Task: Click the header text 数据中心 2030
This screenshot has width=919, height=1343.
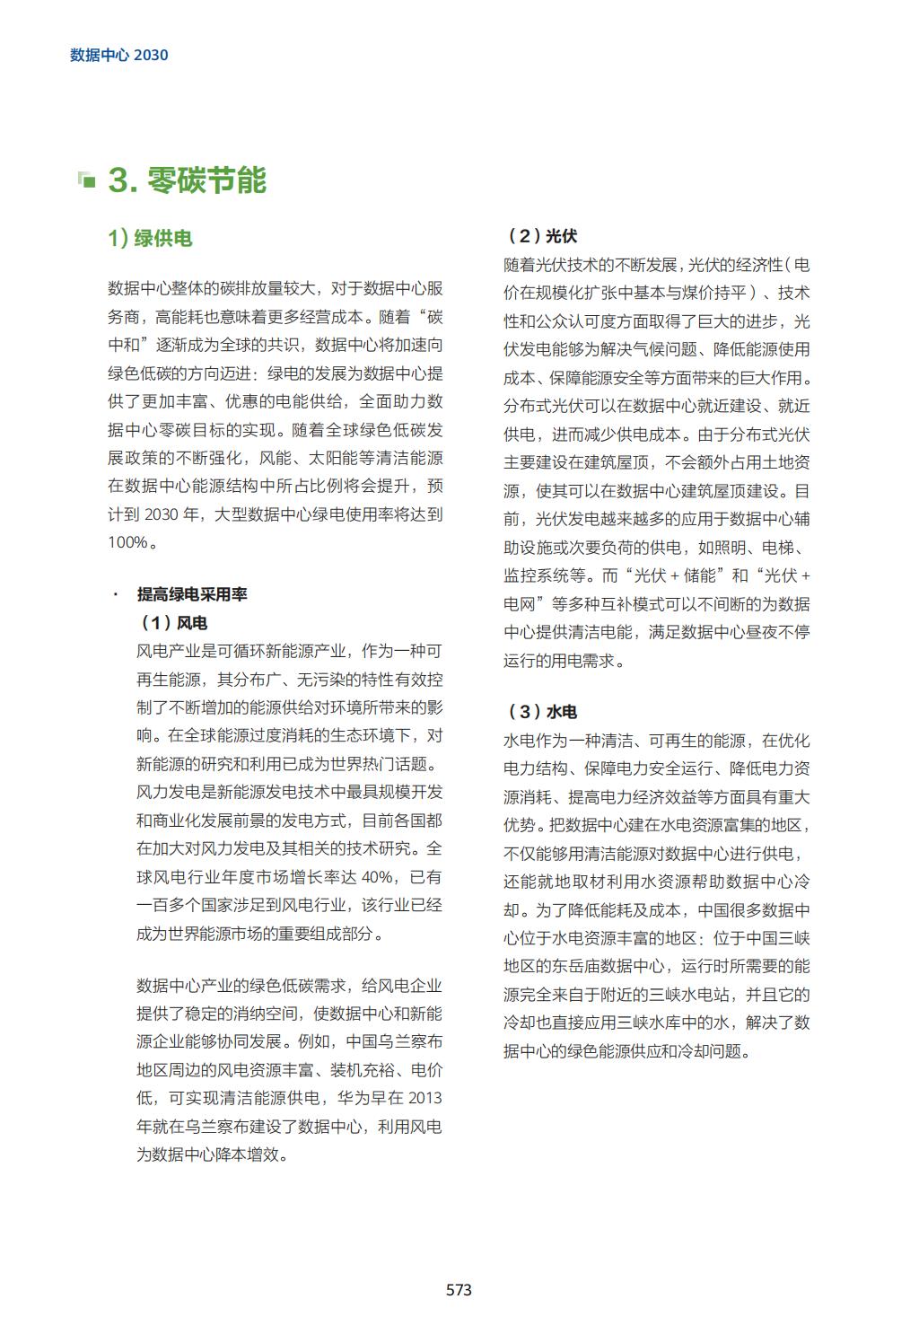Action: pyautogui.click(x=119, y=55)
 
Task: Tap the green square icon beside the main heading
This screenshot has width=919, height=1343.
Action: pyautogui.click(x=86, y=180)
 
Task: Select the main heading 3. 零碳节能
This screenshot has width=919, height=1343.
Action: pyautogui.click(x=188, y=180)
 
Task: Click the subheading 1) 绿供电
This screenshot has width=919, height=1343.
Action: pyautogui.click(x=150, y=238)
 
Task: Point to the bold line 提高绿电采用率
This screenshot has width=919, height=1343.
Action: pyautogui.click(x=191, y=594)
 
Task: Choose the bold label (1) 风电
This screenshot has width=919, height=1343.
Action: pyautogui.click(x=173, y=622)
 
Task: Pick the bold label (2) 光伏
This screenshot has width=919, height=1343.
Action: pyautogui.click(x=542, y=236)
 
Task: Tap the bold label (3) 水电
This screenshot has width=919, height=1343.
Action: pyautogui.click(x=542, y=712)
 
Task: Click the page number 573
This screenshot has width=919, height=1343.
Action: pyautogui.click(x=459, y=1290)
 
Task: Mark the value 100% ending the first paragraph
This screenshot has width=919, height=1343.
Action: pyautogui.click(x=127, y=542)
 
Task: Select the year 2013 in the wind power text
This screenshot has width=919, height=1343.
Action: pyautogui.click(x=424, y=1098)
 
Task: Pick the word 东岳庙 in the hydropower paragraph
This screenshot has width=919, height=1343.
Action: pyautogui.click(x=641, y=966)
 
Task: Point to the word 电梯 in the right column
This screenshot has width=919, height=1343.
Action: pyautogui.click(x=777, y=547)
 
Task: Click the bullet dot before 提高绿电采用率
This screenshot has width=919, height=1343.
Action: pyautogui.click(x=115, y=594)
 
